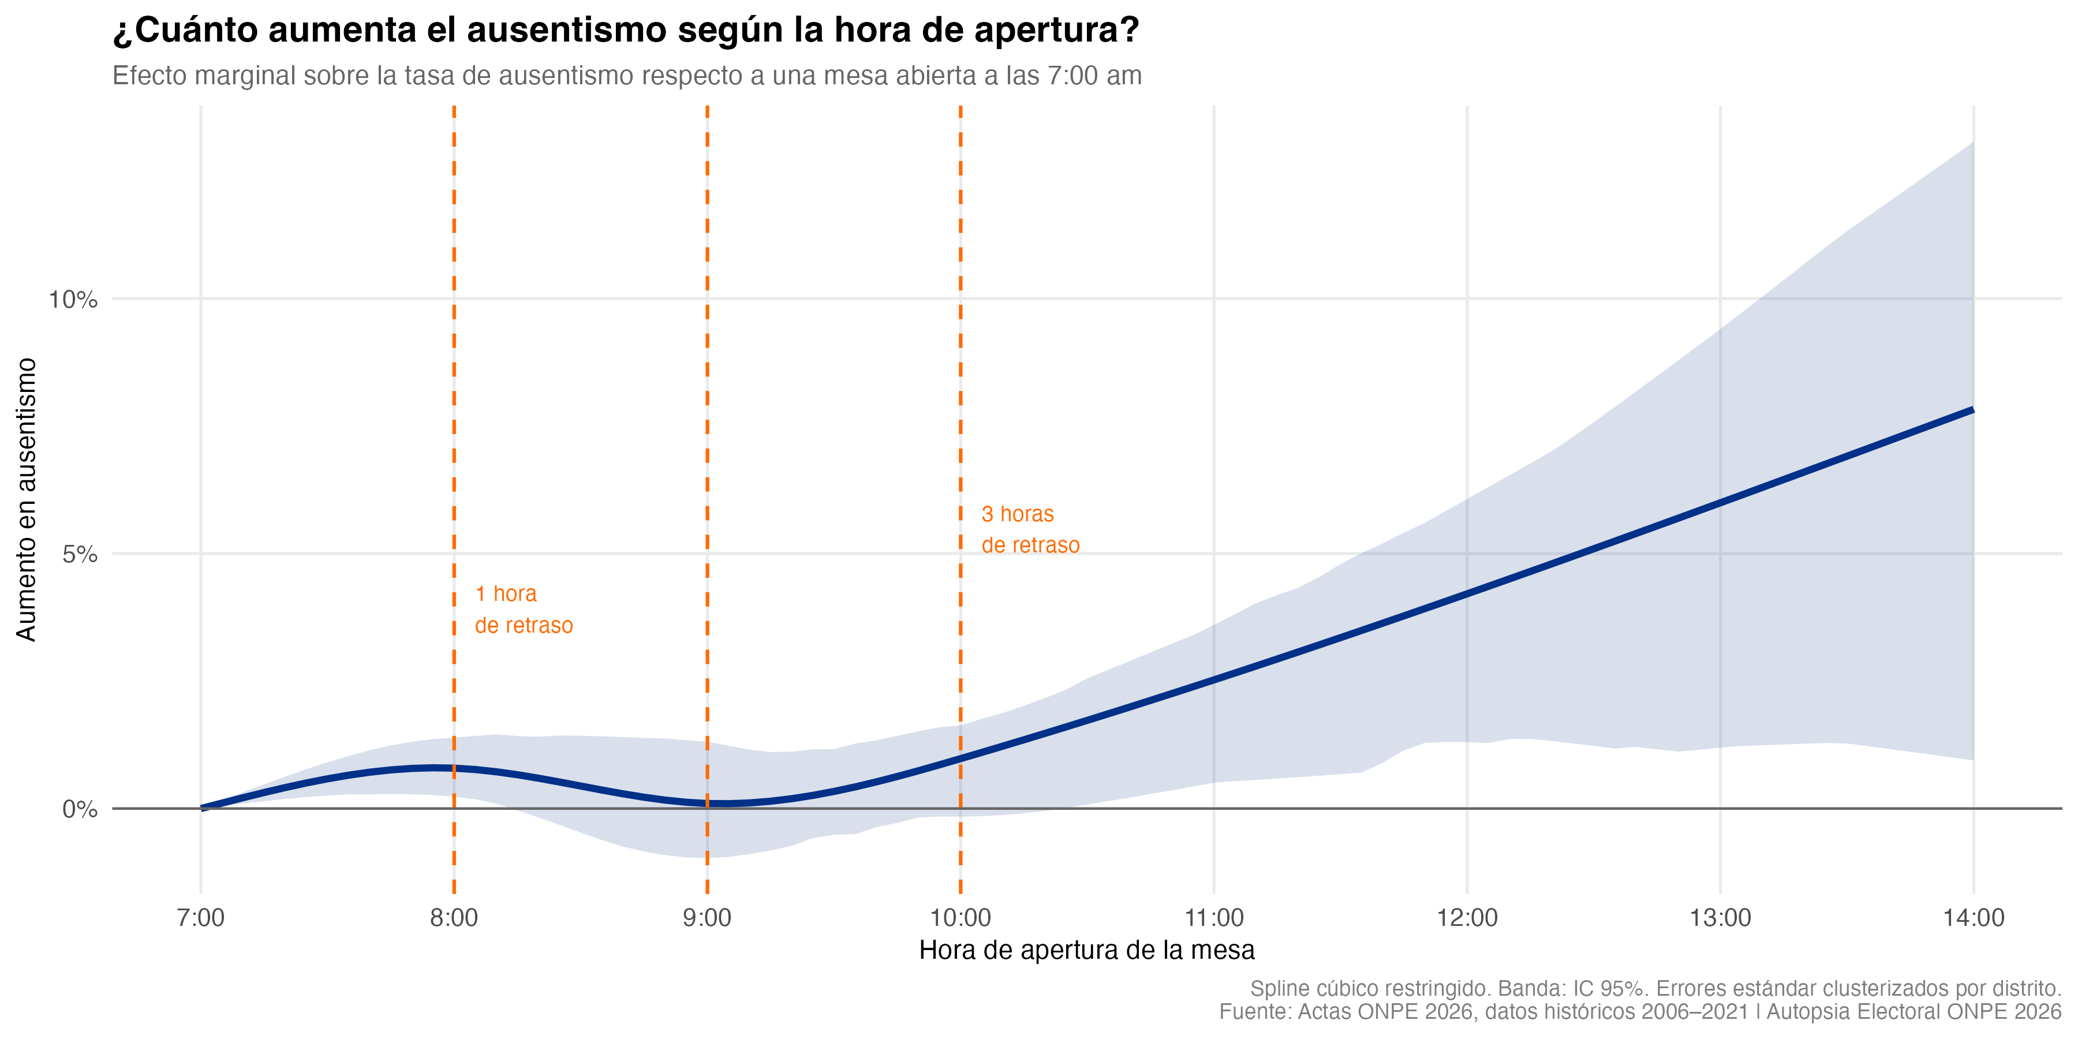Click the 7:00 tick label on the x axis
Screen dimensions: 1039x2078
pos(201,918)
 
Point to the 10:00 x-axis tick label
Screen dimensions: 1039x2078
pos(960,918)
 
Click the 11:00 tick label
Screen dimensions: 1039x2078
pos(1213,918)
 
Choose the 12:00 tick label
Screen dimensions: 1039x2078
pos(1467,918)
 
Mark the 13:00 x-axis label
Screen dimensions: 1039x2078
pos(1720,918)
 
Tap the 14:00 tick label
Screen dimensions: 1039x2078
pos(1973,918)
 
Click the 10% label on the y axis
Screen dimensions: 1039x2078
pos(73,300)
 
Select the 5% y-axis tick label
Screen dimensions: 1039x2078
pos(79,555)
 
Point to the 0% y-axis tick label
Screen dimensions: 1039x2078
pos(79,809)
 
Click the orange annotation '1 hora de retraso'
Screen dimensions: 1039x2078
pos(524,610)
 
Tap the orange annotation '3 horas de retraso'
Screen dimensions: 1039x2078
pos(1029,530)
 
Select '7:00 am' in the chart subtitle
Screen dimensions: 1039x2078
pos(1094,76)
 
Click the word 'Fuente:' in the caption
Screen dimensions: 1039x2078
pos(1255,1011)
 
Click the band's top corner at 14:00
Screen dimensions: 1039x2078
pos(1972,144)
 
